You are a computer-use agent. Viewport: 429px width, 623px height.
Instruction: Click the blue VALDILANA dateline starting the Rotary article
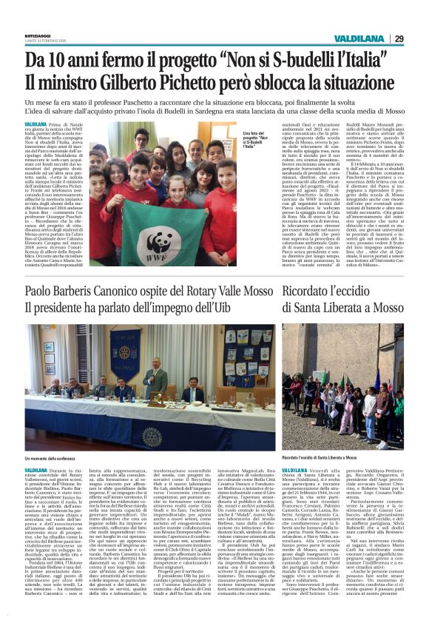point(36,470)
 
